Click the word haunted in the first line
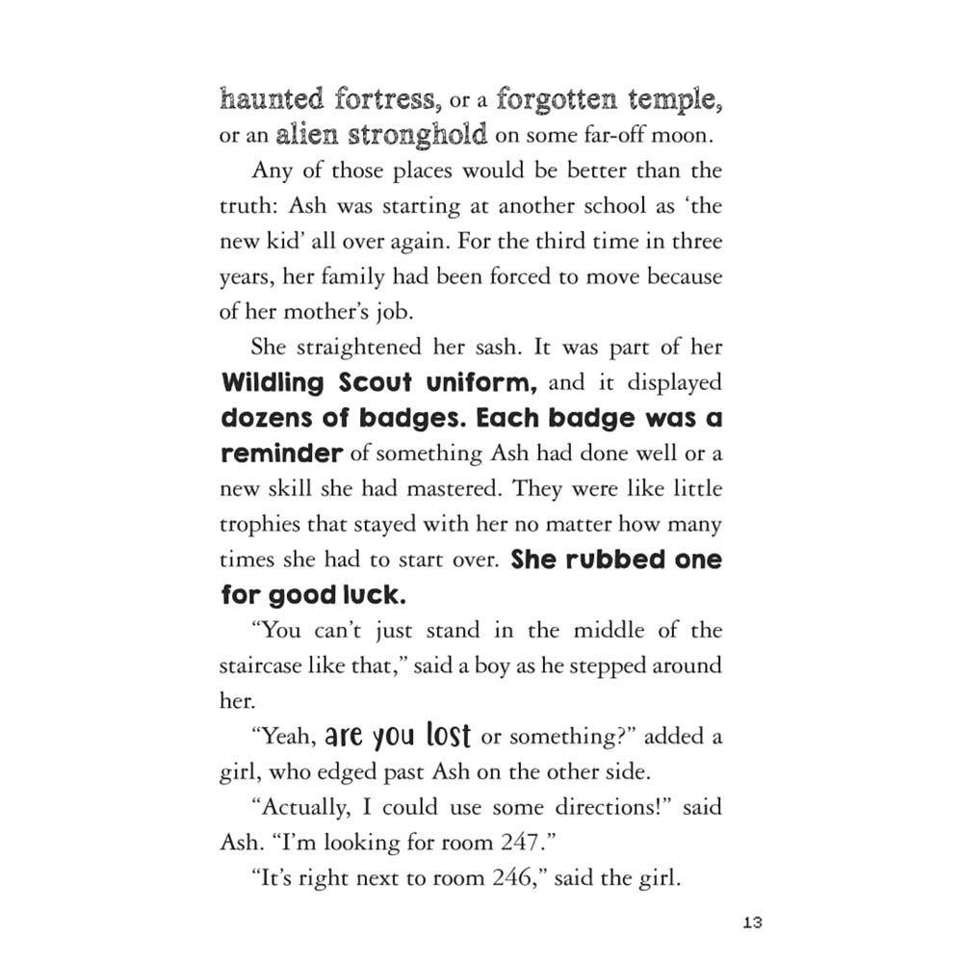pyautogui.click(x=273, y=99)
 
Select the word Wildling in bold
pyautogui.click(x=274, y=383)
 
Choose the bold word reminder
pyautogui.click(x=281, y=454)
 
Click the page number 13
pyautogui.click(x=752, y=924)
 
